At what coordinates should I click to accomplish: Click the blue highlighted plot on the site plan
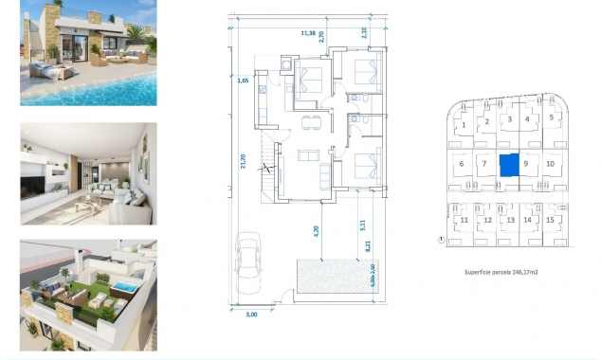509,165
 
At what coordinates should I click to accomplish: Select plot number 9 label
525,163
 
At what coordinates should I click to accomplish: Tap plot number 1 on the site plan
464,123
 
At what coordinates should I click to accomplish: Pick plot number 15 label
551,220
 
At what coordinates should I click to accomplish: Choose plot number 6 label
462,163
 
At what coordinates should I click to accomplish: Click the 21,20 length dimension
244,163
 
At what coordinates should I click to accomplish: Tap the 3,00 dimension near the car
250,314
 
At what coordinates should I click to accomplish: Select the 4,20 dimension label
316,228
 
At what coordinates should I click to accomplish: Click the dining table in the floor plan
306,121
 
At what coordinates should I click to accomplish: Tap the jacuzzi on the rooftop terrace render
124,285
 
